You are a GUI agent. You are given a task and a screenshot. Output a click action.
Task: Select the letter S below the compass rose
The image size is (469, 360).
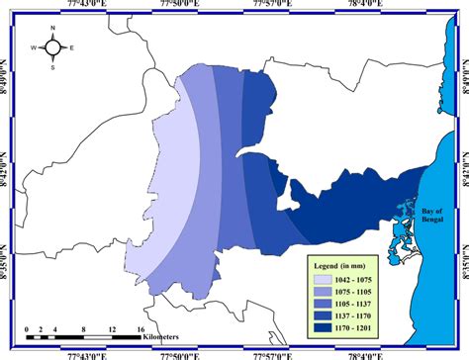coord(56,66)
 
